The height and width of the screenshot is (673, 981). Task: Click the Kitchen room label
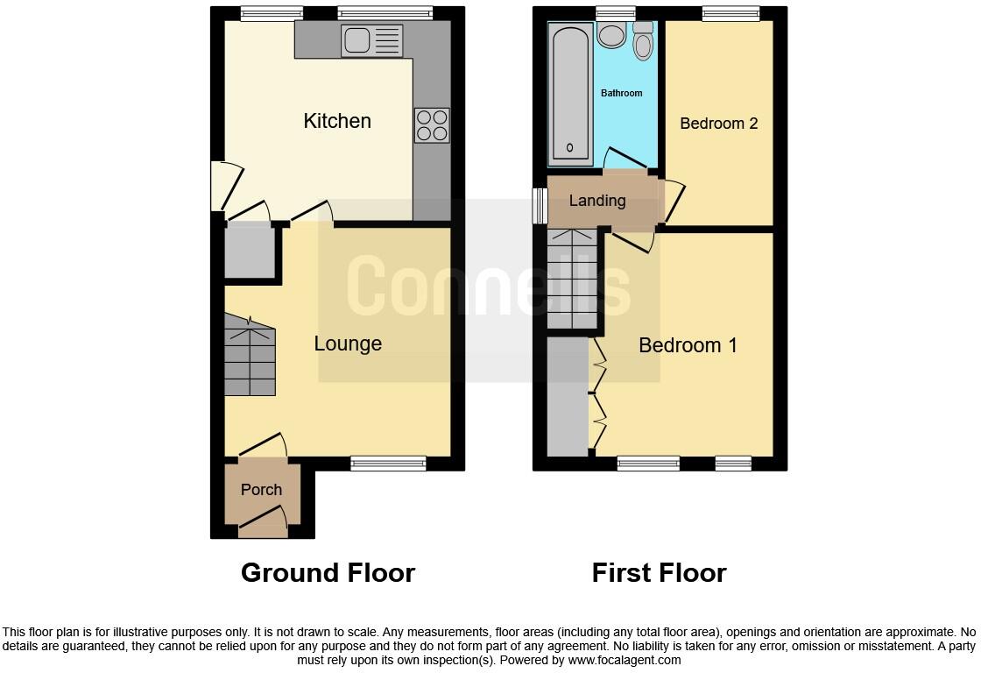point(337,121)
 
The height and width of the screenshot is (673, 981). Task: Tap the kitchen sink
point(372,41)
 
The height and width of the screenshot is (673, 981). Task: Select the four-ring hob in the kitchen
point(432,125)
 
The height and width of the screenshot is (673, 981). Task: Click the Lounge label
point(348,344)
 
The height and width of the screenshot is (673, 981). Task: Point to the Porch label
point(261,490)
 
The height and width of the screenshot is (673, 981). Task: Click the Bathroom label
point(621,93)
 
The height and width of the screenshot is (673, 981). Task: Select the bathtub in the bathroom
point(570,93)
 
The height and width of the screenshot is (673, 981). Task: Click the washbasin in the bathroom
point(610,35)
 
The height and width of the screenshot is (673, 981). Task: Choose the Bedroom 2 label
point(719,124)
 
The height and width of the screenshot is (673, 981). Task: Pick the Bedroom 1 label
point(688,345)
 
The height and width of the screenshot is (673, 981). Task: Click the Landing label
point(597,201)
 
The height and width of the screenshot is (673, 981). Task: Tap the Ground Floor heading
point(328,573)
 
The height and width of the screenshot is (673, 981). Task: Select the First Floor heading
point(659,573)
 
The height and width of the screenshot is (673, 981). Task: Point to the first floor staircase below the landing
point(572,279)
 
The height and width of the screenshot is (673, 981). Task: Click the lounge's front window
point(388,464)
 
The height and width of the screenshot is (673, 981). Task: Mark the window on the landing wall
point(540,206)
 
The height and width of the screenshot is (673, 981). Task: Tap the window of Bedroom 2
point(730,13)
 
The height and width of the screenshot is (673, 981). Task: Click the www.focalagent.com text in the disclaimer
point(625,660)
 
